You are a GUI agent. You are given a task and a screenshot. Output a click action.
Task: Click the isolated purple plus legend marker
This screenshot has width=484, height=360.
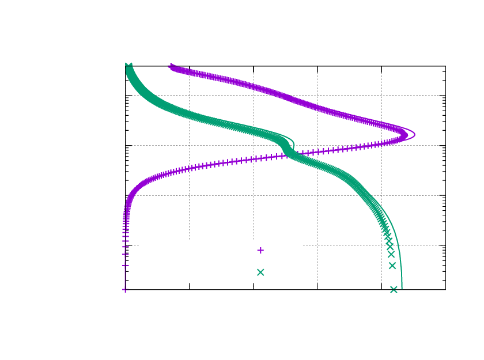click(260, 251)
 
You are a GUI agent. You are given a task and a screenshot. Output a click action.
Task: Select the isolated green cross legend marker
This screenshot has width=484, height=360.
click(260, 272)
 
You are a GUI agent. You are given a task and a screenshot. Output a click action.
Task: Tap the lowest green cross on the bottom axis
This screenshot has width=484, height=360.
click(394, 289)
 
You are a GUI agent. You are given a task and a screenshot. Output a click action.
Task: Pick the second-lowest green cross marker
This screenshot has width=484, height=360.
click(392, 266)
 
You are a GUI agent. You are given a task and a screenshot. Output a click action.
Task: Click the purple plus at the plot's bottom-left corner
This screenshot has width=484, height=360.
click(125, 289)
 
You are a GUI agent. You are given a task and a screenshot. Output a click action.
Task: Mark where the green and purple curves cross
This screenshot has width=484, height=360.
click(286, 154)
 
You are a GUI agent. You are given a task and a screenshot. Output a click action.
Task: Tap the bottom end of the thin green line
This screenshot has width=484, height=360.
click(402, 289)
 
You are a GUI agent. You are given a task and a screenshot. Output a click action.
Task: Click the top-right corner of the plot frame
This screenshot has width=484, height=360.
click(445, 66)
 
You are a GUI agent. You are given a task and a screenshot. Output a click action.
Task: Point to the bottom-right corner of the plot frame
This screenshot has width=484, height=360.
click(445, 289)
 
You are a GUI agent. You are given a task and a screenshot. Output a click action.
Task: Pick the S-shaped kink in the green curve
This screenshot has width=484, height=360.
click(288, 147)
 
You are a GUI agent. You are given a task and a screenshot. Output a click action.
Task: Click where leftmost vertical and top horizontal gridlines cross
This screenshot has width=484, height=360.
click(190, 96)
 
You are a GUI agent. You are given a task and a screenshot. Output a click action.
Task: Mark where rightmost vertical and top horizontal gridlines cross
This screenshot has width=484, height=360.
click(381, 96)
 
